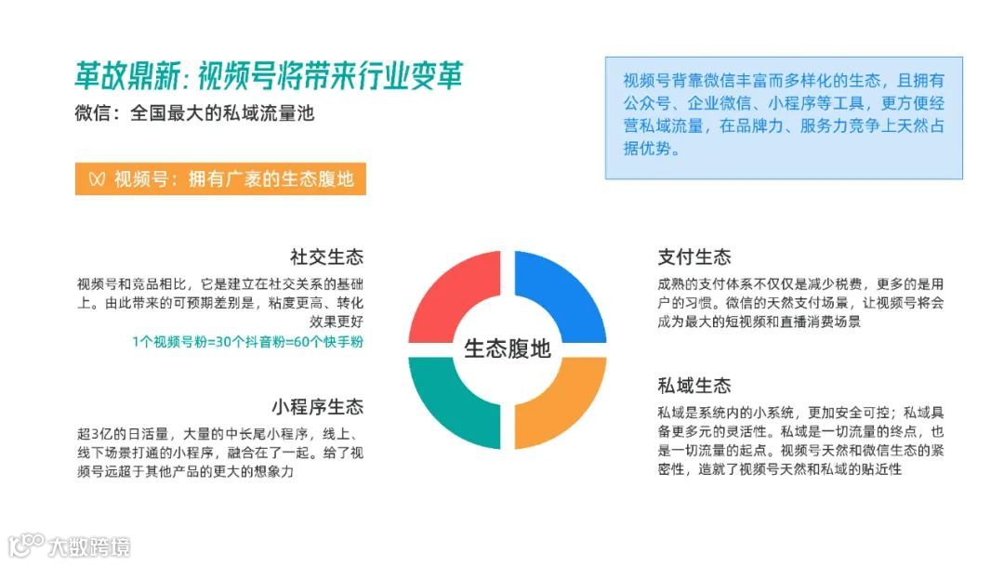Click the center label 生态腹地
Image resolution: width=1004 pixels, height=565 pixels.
pos(507,349)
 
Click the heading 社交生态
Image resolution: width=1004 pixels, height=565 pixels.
pos(326,257)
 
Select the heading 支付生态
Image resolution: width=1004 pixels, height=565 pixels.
pos(694,257)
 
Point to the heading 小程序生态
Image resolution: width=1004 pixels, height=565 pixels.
pos(318,407)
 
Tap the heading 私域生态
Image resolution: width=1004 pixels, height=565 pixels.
pos(694,386)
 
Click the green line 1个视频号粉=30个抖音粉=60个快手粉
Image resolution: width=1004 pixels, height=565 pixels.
pos(247,342)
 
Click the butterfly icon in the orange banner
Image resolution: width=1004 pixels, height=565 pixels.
pos(95,179)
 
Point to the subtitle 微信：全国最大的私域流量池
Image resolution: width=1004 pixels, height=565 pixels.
pos(201,115)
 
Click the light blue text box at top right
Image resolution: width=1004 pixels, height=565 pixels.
pos(784,117)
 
